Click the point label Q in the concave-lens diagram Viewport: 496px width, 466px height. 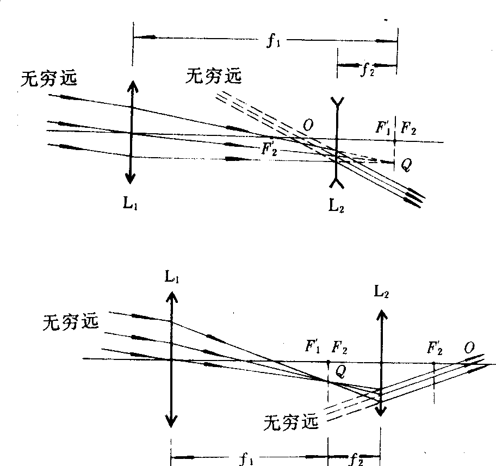coord(406,165)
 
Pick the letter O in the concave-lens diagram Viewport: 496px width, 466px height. coord(308,126)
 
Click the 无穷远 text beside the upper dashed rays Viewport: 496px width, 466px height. coord(213,77)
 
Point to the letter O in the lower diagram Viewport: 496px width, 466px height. coord(469,347)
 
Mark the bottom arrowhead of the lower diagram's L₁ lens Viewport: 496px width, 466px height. coord(171,421)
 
